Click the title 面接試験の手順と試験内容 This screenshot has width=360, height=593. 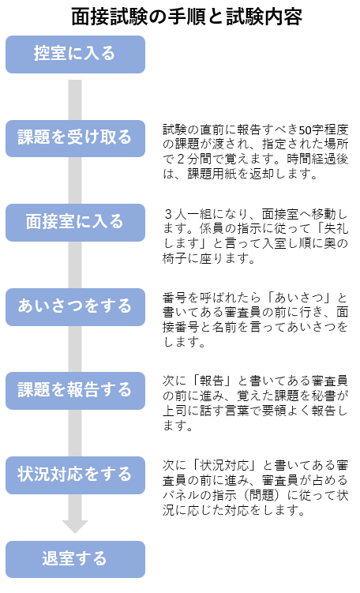pos(187,17)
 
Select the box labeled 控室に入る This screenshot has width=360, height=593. pos(75,54)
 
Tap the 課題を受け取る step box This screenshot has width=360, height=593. pos(75,138)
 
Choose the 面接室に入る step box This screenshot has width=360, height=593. pos(75,223)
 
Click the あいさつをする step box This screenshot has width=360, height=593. pos(75,307)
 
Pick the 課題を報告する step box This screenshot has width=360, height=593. pos(75,391)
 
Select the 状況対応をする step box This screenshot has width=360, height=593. pos(75,475)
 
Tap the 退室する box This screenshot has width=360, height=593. pos(75,559)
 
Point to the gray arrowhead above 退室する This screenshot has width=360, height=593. pos(75,527)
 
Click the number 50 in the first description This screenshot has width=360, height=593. pos(305,129)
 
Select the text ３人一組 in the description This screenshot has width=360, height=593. pos(187,215)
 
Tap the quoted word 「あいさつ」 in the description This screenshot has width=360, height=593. pos(298,298)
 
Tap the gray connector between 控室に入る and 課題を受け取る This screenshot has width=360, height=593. pos(75,99)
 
